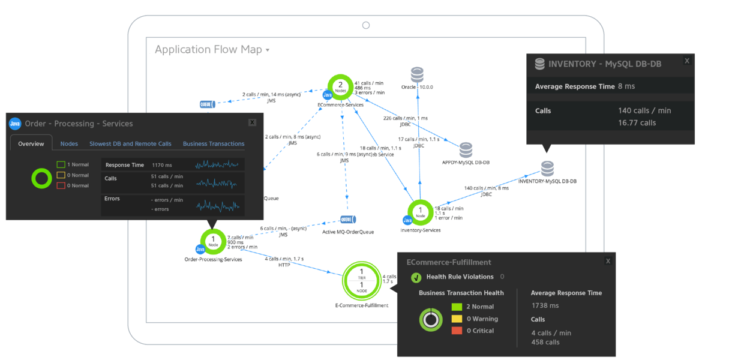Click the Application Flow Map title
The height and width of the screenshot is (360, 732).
[x=208, y=50]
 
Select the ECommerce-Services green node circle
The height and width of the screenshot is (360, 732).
[x=340, y=87]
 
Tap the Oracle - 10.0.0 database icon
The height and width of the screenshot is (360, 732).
[x=417, y=74]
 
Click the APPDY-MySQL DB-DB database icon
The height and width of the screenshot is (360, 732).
[x=466, y=149]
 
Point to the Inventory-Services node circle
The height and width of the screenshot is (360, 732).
[x=420, y=212]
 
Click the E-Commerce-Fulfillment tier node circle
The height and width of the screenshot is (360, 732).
[x=361, y=281]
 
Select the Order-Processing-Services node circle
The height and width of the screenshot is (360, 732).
[x=212, y=241]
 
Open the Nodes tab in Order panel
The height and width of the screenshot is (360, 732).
[x=69, y=143]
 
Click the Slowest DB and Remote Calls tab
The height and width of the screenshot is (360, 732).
[x=130, y=143]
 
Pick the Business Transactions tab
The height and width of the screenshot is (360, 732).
[x=214, y=143]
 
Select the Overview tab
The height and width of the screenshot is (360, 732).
[x=31, y=143]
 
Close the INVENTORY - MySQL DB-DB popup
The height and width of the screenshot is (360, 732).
[x=687, y=61]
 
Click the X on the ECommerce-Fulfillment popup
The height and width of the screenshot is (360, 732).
[x=608, y=261]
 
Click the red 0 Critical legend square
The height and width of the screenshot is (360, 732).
[x=457, y=331]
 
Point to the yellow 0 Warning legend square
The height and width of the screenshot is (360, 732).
[x=457, y=319]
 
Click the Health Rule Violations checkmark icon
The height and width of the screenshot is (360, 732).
[x=416, y=277]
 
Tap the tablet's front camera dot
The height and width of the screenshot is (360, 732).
[x=366, y=26]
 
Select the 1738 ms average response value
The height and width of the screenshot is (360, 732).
[x=545, y=305]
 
